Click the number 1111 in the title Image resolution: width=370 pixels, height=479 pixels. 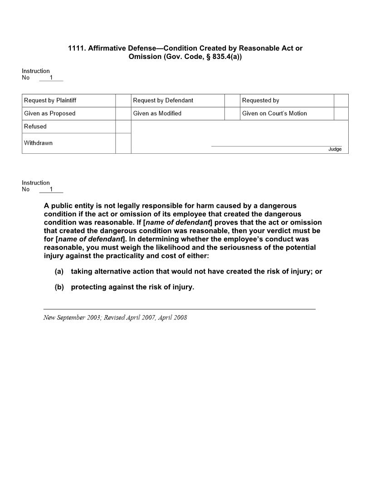coord(76,48)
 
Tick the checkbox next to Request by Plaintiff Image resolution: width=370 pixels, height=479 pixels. coord(123,101)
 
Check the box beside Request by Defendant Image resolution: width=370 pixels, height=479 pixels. coord(232,101)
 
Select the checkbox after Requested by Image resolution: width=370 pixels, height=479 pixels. coord(341,101)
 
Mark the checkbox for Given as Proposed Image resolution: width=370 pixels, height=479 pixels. coord(123,113)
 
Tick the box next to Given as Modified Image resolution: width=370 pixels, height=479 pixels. coord(232,113)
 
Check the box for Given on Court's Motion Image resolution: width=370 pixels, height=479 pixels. coord(341,113)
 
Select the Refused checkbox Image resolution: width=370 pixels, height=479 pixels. coord(123,127)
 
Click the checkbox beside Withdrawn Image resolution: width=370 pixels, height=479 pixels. coord(123,143)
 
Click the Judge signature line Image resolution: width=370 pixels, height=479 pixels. coord(277,146)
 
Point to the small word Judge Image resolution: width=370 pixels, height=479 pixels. coord(335,149)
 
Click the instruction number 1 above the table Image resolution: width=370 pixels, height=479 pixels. coord(51,78)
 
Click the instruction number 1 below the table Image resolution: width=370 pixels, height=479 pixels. coord(51,190)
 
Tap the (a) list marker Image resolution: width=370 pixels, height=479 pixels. coord(59,272)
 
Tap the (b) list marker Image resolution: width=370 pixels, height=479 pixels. coord(59,287)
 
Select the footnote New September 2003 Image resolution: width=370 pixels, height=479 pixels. coord(72,318)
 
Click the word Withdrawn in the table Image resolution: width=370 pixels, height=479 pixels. coord(38,143)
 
